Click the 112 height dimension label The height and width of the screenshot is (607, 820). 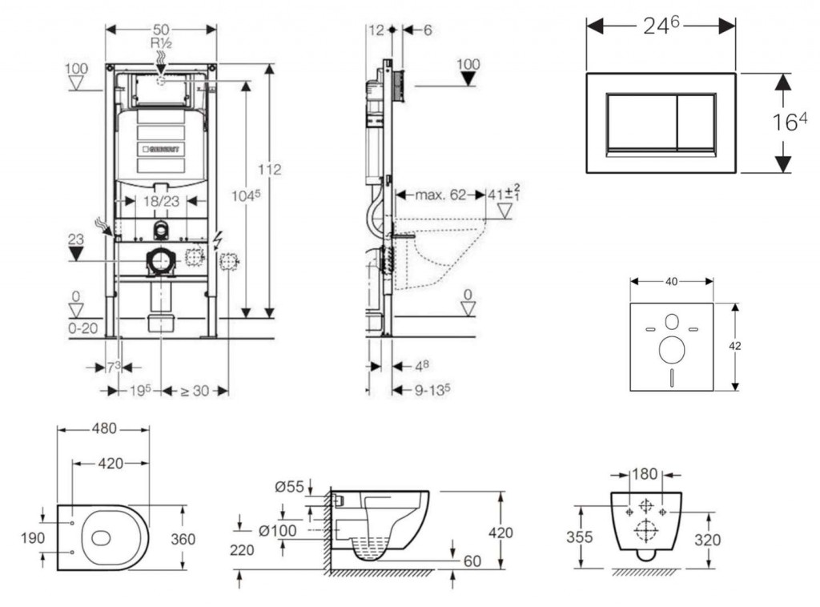[271, 170]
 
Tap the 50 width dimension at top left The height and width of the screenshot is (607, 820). [161, 29]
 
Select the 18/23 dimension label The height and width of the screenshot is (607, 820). [161, 203]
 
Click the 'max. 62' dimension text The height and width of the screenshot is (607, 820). [440, 194]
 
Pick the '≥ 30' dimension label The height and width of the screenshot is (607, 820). [194, 391]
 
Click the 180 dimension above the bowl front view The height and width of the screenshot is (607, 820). [645, 474]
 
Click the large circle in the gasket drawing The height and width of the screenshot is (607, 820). [671, 349]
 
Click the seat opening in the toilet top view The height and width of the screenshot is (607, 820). [102, 537]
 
